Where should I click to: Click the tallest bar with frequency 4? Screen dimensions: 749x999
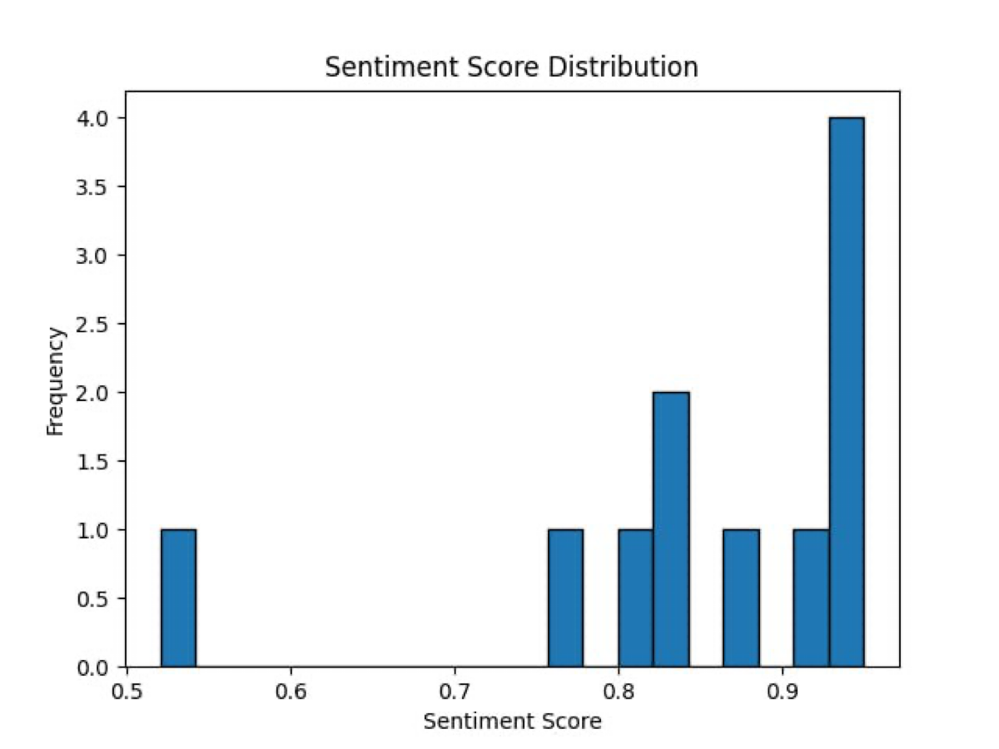point(846,392)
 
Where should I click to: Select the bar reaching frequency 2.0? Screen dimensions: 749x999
point(671,529)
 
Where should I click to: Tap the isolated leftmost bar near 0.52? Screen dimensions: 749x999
point(178,598)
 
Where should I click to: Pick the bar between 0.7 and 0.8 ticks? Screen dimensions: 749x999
point(565,598)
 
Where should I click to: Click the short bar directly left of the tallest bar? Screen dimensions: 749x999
point(811,598)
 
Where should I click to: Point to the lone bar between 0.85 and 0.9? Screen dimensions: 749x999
point(741,598)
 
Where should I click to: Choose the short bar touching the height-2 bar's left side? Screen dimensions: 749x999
point(635,598)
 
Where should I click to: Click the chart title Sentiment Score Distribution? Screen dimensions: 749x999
point(511,67)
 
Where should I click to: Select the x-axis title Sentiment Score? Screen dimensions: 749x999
point(511,721)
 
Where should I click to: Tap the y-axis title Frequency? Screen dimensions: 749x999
point(56,381)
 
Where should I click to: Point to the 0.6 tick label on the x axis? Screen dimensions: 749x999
point(291,690)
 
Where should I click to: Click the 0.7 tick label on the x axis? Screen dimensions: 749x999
point(455,690)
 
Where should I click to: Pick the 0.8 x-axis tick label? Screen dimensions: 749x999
point(619,690)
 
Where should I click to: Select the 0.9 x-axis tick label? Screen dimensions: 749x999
point(783,690)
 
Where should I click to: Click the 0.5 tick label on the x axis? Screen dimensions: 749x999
point(127,690)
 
